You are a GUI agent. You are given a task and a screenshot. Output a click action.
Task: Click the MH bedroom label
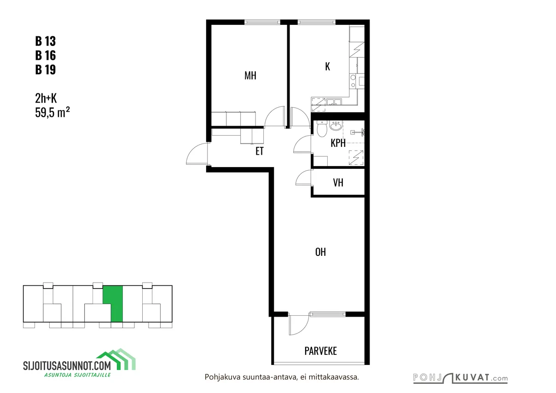pos(250,75)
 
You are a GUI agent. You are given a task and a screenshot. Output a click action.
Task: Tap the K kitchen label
pos(327,66)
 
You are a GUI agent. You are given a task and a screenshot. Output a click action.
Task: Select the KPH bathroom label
pos(338,143)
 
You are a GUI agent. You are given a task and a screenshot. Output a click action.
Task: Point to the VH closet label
pos(338,183)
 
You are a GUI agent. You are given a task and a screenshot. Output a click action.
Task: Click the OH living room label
pos(320,252)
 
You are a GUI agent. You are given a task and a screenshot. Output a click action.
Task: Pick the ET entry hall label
pos(260,151)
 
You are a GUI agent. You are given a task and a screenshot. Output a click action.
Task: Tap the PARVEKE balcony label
pos(320,351)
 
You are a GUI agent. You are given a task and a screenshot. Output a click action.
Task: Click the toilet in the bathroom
pos(322,129)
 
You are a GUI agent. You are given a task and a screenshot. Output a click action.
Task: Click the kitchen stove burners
pos(353,81)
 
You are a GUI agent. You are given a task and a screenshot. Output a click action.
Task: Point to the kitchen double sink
pos(334,102)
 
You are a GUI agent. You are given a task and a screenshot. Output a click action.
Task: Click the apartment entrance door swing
pos(197,153)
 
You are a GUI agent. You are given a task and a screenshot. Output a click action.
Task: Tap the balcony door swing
pos(299,324)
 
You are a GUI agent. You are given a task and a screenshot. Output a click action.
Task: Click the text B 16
pos(46,55)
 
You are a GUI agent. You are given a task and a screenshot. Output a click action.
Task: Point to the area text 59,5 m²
pos(52,112)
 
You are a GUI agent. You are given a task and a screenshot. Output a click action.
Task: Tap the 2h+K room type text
pos(46,98)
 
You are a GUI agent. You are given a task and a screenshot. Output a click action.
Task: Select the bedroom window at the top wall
pos(262,22)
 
